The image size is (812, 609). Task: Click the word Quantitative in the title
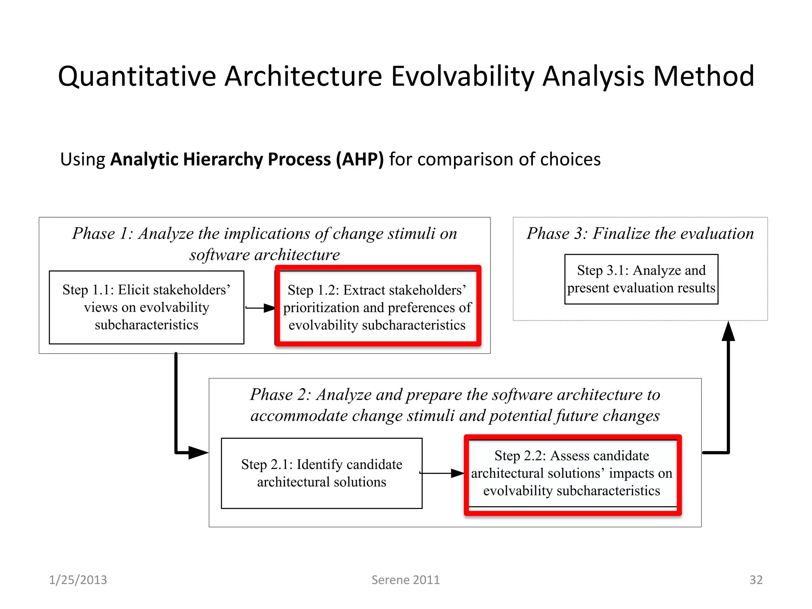(x=137, y=77)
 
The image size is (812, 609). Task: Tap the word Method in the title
(x=703, y=77)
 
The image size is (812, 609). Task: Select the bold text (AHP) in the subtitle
(x=360, y=159)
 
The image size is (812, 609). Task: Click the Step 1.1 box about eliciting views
(x=146, y=307)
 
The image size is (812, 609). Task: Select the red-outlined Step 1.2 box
(x=377, y=307)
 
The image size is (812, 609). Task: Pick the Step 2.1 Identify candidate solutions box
(x=322, y=473)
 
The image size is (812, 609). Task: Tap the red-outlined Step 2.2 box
(x=572, y=473)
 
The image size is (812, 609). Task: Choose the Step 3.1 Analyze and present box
(x=641, y=279)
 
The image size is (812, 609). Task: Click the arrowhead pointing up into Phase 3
(x=728, y=331)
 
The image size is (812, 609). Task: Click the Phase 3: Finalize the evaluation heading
(x=640, y=234)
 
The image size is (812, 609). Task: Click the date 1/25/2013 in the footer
(x=78, y=580)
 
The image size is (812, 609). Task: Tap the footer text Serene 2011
(x=406, y=580)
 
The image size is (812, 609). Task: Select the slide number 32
(x=756, y=580)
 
